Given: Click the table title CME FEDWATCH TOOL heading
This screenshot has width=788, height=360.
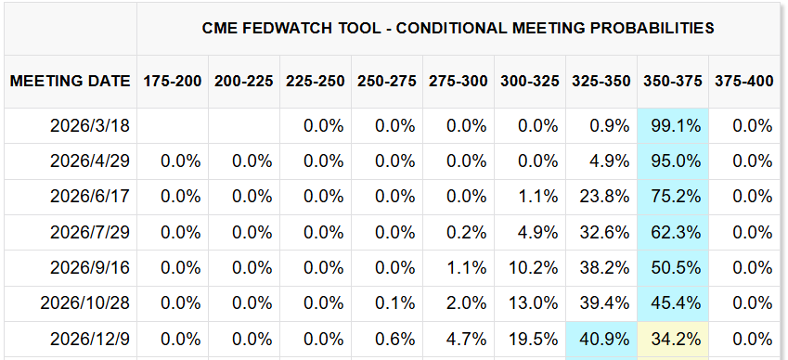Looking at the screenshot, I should [459, 28].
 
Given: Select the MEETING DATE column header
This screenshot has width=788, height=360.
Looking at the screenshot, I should [70, 81].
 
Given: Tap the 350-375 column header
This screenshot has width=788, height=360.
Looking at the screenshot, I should [673, 81].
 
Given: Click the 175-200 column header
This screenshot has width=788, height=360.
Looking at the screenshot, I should [173, 81].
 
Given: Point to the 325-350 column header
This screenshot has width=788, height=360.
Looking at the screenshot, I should [601, 81].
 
